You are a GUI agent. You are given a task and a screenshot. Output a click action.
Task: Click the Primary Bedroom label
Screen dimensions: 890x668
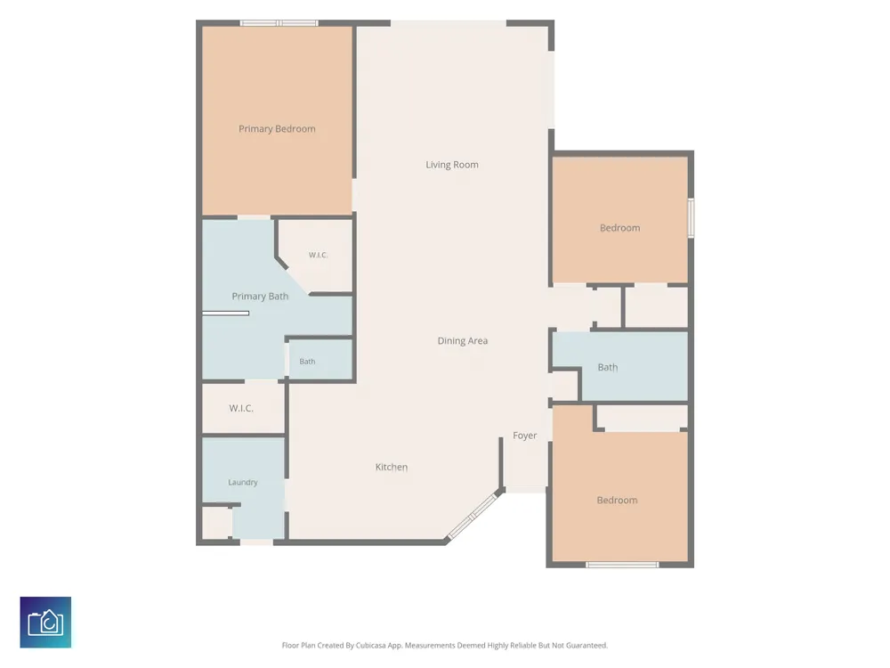pyautogui.click(x=277, y=129)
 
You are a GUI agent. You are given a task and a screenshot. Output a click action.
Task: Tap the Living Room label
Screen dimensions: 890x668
pyautogui.click(x=452, y=165)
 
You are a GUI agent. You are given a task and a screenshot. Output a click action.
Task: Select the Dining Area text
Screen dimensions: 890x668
pyautogui.click(x=463, y=341)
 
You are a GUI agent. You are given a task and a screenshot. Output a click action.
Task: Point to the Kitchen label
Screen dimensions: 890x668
pyautogui.click(x=392, y=467)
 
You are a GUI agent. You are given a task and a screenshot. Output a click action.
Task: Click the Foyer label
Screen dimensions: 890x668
pyautogui.click(x=524, y=436)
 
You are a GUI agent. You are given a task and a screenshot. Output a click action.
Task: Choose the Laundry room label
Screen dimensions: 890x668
pyautogui.click(x=243, y=482)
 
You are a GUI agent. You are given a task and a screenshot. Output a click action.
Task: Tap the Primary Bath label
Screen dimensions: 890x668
pyautogui.click(x=260, y=297)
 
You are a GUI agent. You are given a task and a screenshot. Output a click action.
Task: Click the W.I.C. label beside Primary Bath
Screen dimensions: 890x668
pyautogui.click(x=319, y=255)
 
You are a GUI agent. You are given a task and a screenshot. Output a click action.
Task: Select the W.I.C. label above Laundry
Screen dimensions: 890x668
pyautogui.click(x=241, y=409)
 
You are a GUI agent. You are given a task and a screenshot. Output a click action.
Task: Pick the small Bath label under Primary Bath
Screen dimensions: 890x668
pyautogui.click(x=307, y=362)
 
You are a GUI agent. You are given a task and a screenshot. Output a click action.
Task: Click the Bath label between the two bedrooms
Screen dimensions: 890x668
pyautogui.click(x=607, y=368)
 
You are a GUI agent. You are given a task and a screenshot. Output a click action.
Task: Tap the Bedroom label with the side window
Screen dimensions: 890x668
pyautogui.click(x=619, y=228)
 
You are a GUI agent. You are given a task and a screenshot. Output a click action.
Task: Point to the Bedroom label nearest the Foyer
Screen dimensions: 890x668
pyautogui.click(x=617, y=501)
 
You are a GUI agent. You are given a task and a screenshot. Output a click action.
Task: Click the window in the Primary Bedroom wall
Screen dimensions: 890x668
pyautogui.click(x=278, y=23)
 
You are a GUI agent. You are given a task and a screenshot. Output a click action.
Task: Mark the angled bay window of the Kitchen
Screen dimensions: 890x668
pyautogui.click(x=473, y=517)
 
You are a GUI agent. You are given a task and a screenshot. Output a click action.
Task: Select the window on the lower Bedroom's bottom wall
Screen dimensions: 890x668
pyautogui.click(x=622, y=565)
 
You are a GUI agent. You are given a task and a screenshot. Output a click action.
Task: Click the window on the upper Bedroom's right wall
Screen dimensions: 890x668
pyautogui.click(x=692, y=217)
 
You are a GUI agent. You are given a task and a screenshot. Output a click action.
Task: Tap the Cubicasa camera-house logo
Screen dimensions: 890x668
pyautogui.click(x=45, y=622)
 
